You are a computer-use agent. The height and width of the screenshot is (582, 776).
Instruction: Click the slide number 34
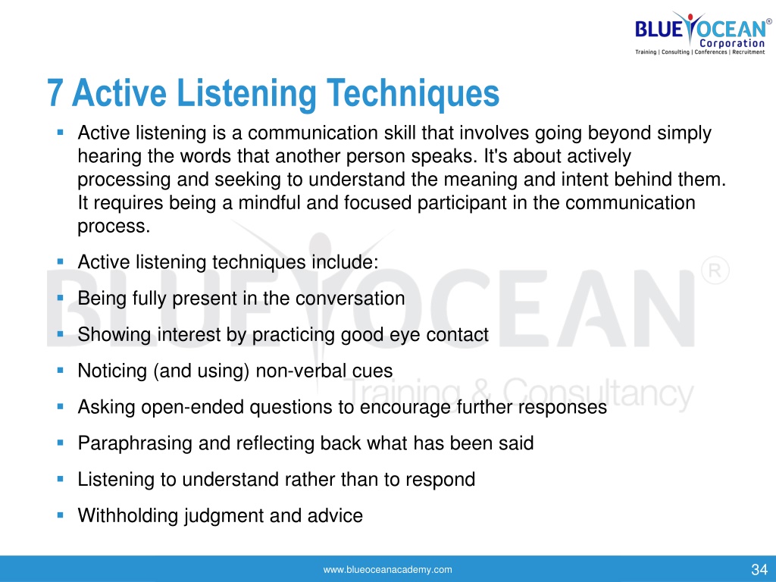759,570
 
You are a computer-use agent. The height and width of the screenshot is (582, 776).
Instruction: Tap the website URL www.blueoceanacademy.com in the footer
387,570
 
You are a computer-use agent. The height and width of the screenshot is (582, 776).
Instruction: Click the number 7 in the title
55,92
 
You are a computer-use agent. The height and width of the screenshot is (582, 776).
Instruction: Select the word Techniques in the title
413,93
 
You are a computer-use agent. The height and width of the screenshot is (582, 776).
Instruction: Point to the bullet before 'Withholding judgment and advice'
61,515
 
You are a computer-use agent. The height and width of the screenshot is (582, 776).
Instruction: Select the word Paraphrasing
135,443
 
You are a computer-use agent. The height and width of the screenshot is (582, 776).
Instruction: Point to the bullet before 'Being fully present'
61,298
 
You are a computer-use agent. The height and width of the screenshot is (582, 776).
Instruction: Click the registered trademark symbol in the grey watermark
715,271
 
